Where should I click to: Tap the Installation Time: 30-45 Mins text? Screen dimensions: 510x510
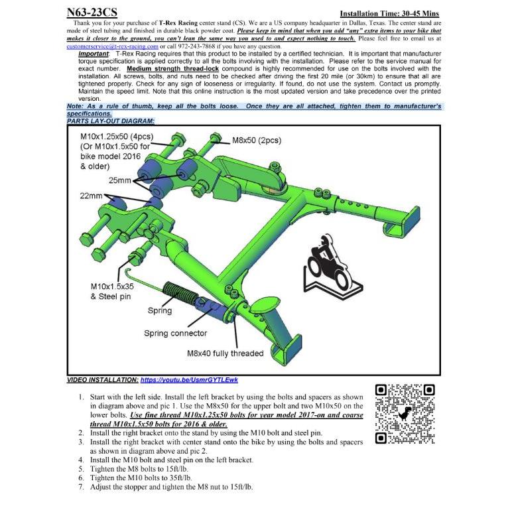389,13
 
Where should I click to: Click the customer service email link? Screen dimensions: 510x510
113,47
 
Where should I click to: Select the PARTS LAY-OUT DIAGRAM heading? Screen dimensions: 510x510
111,121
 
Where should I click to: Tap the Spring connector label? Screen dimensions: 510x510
175,333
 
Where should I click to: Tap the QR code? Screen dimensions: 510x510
405,414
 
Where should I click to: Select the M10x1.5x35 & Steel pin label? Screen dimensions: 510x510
112,291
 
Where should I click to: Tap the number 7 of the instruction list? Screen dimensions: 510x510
80,487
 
